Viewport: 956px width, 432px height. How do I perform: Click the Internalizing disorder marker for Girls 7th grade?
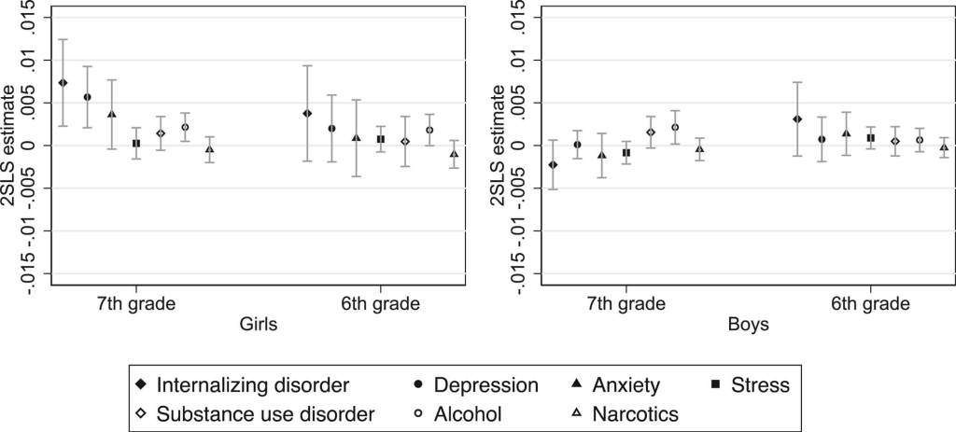pos(63,83)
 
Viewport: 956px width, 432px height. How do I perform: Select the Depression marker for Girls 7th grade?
pos(87,97)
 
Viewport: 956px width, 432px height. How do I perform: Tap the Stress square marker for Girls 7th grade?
pos(136,144)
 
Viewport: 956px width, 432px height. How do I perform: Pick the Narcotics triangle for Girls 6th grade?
pos(454,154)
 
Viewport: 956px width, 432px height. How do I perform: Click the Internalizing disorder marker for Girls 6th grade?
pos(307,113)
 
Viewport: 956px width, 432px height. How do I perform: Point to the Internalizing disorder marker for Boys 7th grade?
pos(553,164)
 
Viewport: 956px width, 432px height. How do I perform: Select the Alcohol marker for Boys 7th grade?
pos(675,127)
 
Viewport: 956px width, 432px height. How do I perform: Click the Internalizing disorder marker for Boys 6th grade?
pos(797,119)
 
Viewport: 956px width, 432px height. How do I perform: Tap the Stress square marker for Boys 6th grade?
pos(870,138)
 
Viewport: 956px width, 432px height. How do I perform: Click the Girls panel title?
pos(258,325)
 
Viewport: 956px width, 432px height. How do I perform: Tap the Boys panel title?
pos(748,325)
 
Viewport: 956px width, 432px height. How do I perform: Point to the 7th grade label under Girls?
pos(136,304)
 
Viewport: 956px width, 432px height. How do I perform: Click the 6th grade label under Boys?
pos(871,304)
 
